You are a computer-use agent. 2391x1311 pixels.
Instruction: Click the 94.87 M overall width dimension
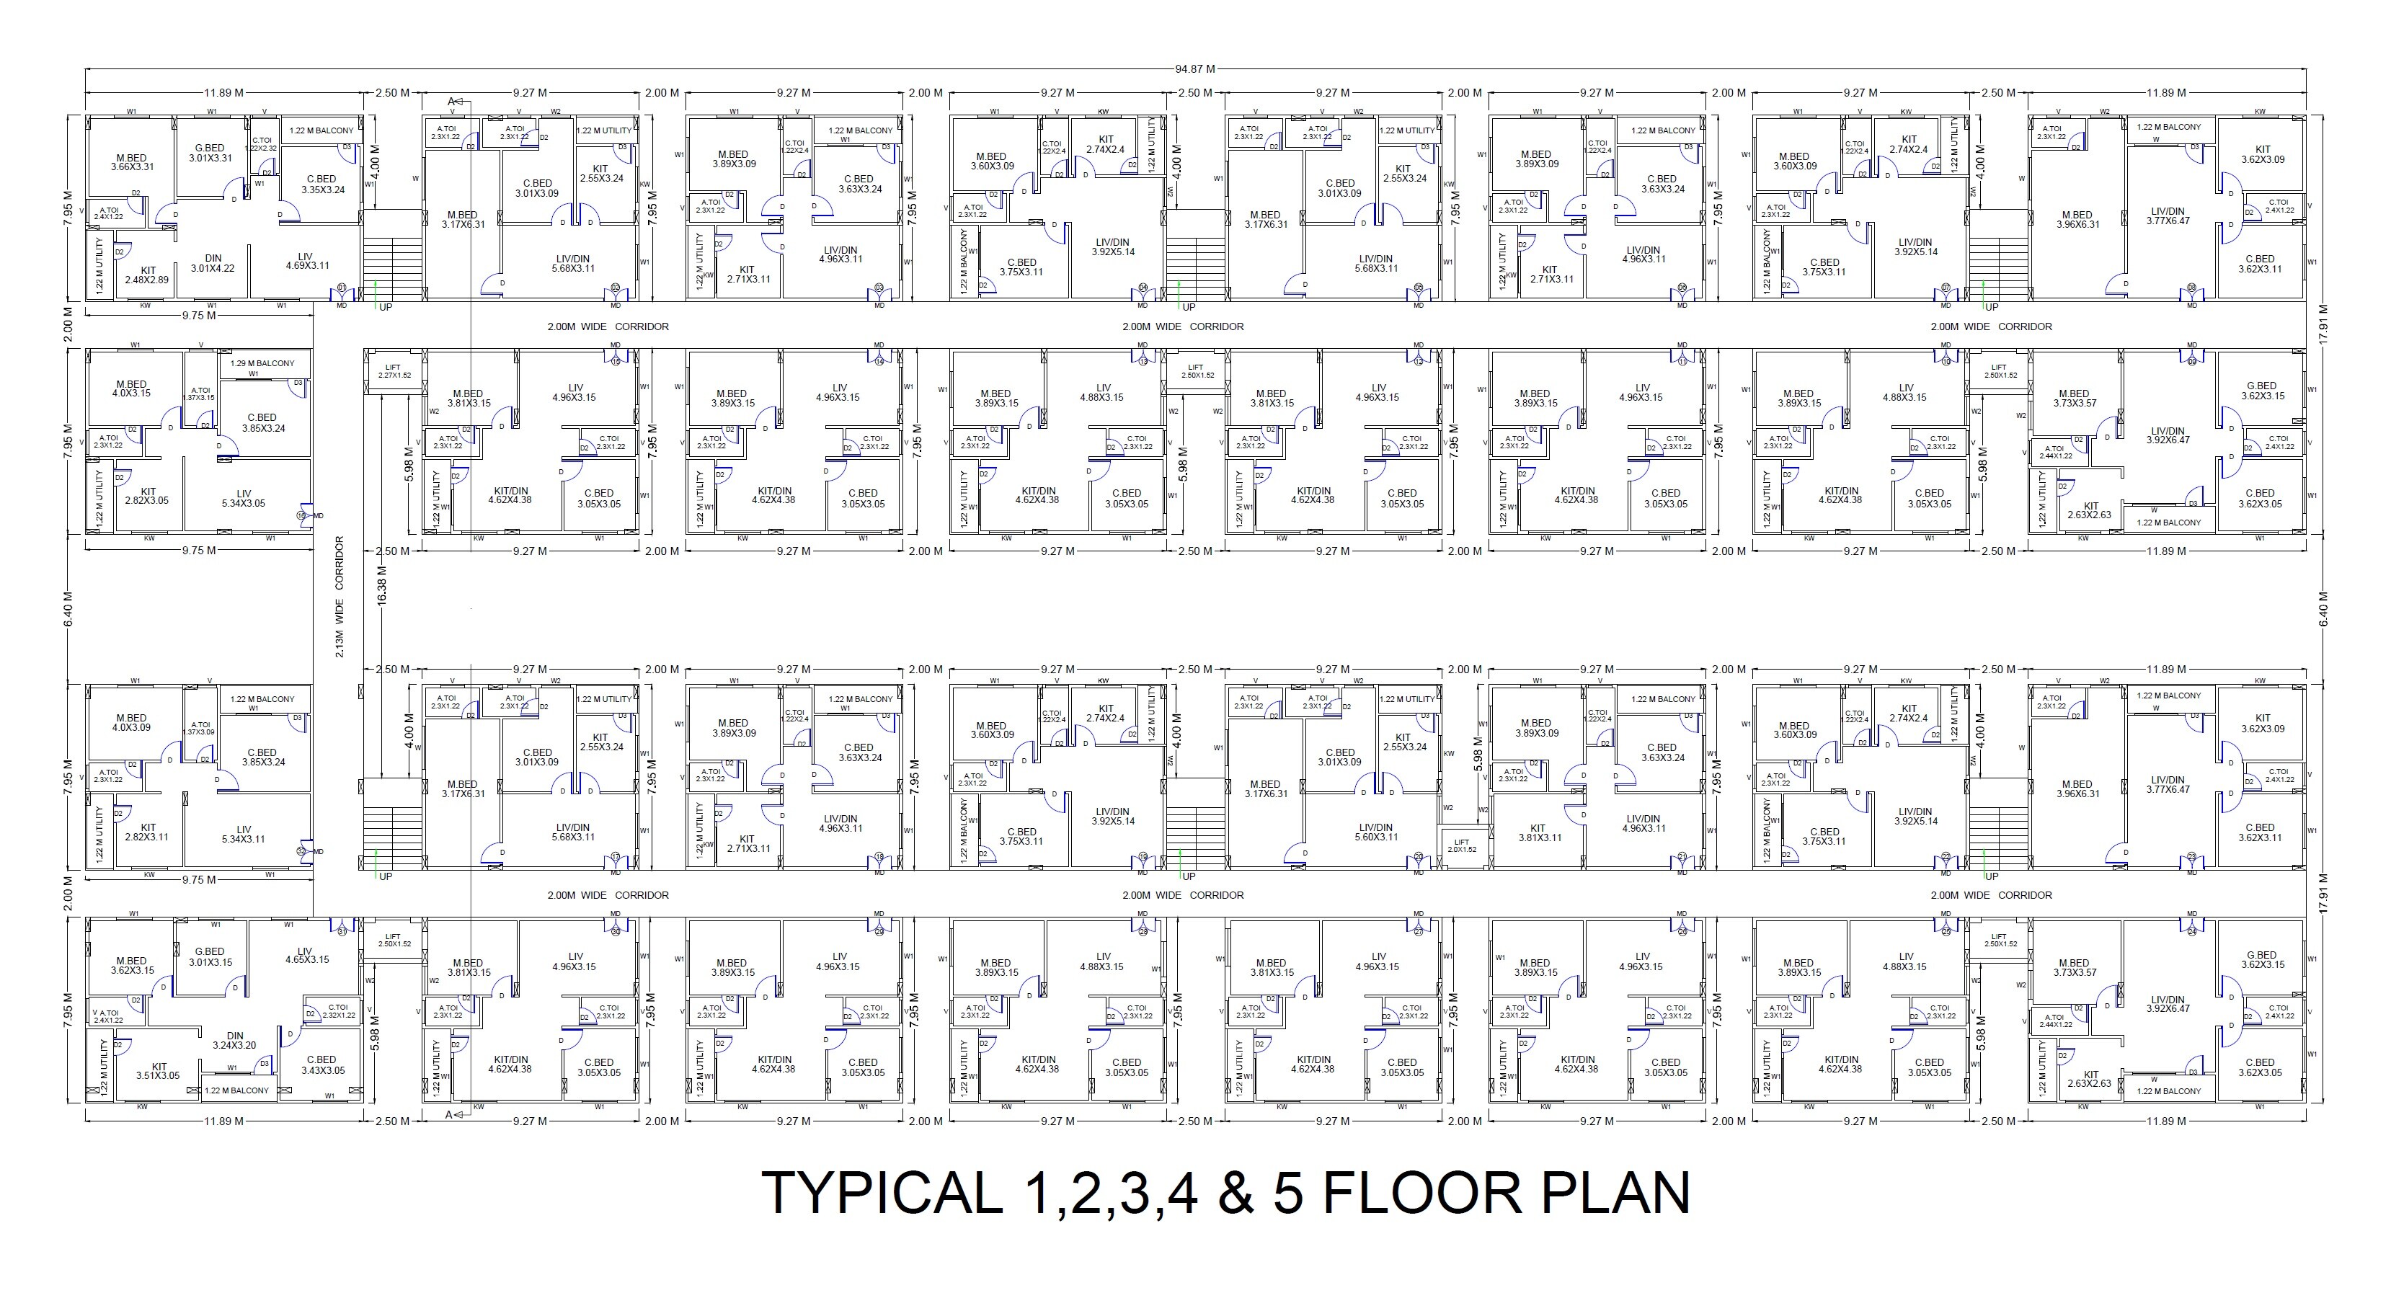coord(1194,68)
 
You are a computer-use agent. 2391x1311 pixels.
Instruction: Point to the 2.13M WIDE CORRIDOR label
coord(339,597)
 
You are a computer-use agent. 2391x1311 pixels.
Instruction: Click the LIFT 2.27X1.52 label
coord(393,371)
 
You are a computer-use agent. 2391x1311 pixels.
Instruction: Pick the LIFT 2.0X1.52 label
coord(1462,846)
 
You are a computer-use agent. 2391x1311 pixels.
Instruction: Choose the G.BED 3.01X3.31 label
coord(210,153)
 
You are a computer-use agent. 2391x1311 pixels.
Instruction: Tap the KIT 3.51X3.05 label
coord(159,1072)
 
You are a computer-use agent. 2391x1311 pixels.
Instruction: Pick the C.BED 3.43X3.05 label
coord(321,1065)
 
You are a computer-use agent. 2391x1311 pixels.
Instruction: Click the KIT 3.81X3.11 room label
coord(1539,833)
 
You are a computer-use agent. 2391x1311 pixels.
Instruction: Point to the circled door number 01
coord(342,288)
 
